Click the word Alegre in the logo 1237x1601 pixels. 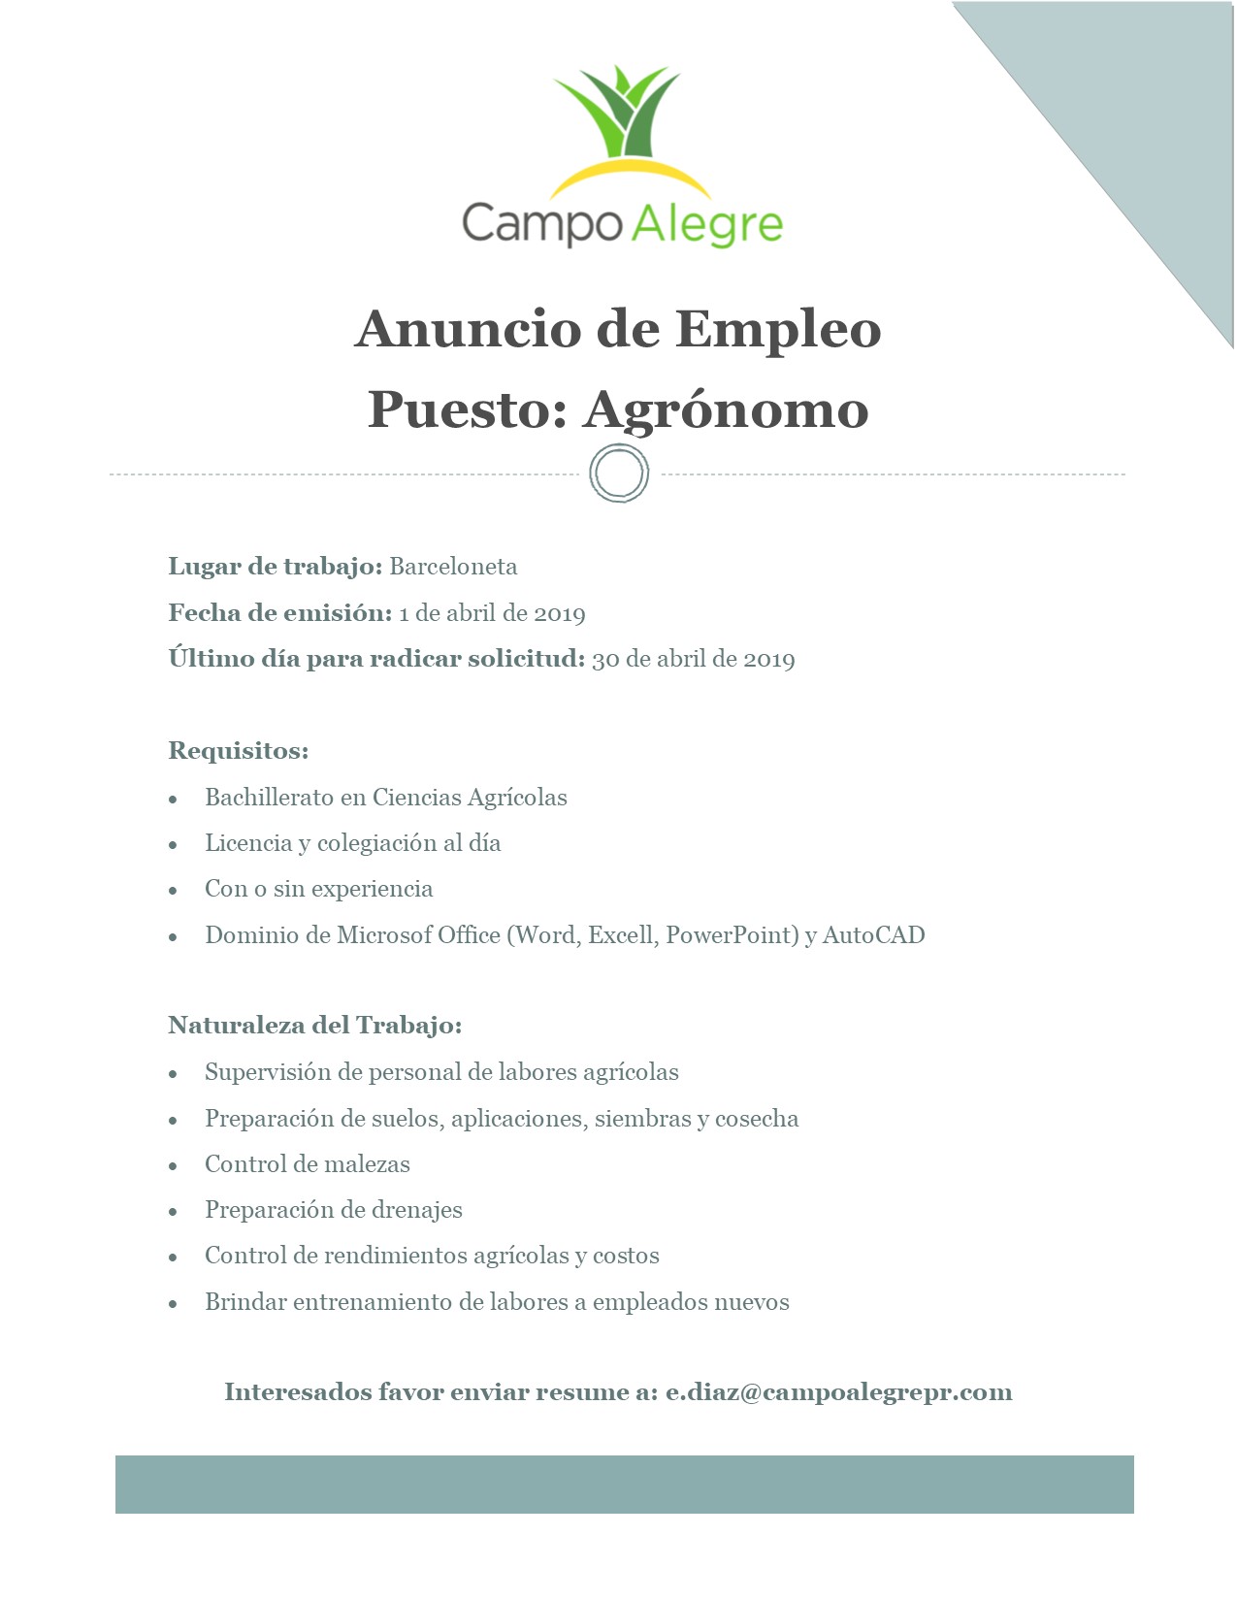point(707,224)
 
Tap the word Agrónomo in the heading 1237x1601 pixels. point(725,408)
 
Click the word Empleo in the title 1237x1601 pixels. point(778,328)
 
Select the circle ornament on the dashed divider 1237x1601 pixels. point(619,474)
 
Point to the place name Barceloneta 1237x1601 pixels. point(453,567)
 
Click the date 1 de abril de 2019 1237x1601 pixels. point(492,613)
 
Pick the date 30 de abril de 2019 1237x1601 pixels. point(693,660)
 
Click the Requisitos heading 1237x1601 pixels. point(238,751)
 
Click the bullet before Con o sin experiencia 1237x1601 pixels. point(174,890)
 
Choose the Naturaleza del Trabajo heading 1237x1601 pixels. point(314,1026)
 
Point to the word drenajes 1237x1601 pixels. point(414,1210)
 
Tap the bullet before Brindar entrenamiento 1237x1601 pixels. point(174,1303)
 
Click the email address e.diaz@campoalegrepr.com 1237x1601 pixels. point(838,1392)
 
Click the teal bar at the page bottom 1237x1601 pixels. point(624,1484)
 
